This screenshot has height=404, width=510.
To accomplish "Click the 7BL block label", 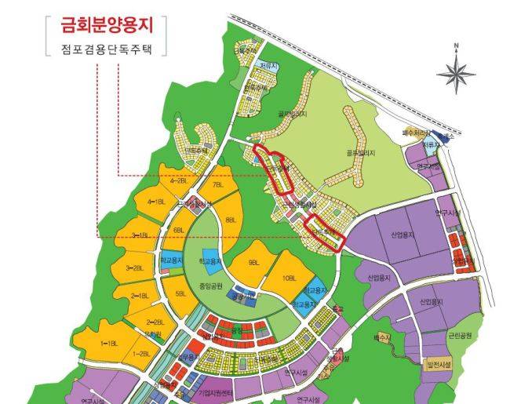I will point(217,186).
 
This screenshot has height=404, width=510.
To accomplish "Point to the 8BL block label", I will point(230,221).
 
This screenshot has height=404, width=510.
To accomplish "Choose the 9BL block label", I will point(253,262).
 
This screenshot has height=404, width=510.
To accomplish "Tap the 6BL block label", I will point(179,230).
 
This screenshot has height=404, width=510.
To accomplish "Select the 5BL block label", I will point(181,294).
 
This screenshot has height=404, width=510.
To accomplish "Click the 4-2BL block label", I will point(178,181).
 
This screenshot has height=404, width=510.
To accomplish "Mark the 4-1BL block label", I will point(155,202).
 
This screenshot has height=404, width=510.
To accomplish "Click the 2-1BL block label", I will point(140,296).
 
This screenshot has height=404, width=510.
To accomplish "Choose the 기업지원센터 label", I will point(217,391).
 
